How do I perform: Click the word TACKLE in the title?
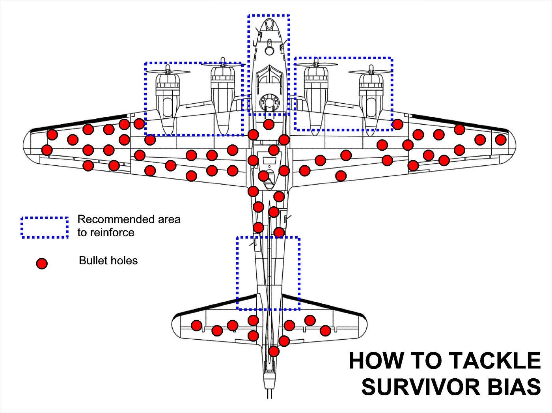495,361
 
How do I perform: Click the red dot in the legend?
41,263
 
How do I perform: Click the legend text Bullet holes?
108,260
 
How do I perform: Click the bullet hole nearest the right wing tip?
500,140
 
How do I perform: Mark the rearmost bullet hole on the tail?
274,351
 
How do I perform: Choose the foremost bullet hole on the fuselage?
269,124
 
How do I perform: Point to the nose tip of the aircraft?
269,19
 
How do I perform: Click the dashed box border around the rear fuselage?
237,272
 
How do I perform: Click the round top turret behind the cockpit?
269,103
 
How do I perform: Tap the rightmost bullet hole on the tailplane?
325,330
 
